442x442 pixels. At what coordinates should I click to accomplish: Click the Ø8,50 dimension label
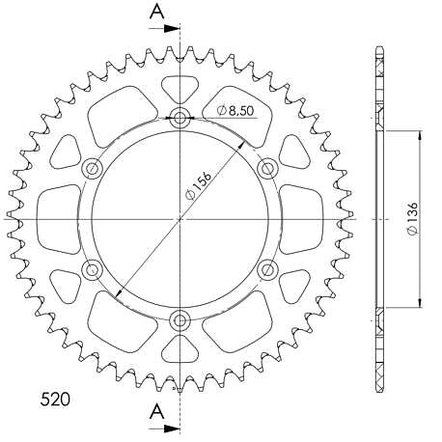coord(235,111)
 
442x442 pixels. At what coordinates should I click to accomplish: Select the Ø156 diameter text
coord(199,185)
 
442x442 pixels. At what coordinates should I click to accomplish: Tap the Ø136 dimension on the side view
coord(412,218)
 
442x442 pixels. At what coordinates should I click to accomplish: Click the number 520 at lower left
coord(55,400)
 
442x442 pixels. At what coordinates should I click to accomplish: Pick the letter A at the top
coord(157,13)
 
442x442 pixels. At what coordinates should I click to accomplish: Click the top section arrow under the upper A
coord(164,29)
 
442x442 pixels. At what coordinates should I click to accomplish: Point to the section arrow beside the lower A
coord(164,428)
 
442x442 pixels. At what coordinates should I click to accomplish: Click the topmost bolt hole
coord(180,118)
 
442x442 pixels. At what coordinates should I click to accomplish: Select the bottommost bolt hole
coord(180,320)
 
